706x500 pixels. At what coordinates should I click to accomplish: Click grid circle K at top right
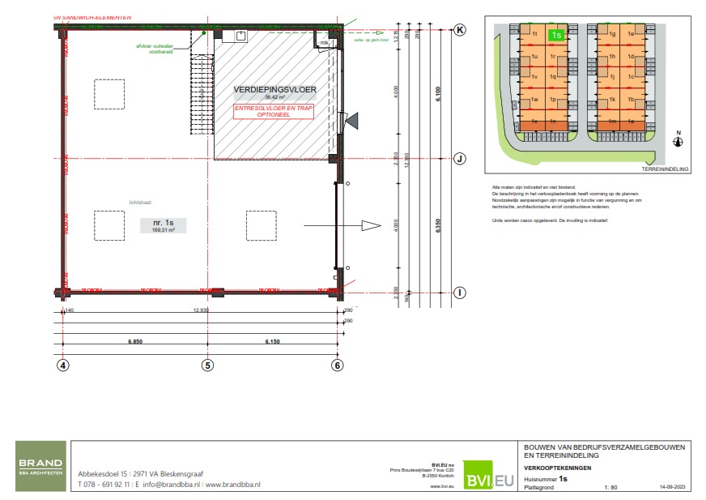pyautogui.click(x=460, y=29)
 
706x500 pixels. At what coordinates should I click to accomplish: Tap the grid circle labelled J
pyautogui.click(x=458, y=159)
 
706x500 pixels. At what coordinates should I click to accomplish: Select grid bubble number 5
pyautogui.click(x=206, y=365)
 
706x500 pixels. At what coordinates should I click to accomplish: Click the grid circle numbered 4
pyautogui.click(x=63, y=365)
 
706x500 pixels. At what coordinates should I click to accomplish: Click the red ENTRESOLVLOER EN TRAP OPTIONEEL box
pyautogui.click(x=273, y=111)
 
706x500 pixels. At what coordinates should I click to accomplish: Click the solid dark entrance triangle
pyautogui.click(x=352, y=120)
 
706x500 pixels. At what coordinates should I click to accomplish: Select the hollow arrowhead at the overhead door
pyautogui.click(x=371, y=225)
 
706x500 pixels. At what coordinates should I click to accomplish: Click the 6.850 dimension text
pyautogui.click(x=134, y=343)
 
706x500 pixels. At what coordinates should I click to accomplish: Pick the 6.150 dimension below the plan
pyautogui.click(x=272, y=343)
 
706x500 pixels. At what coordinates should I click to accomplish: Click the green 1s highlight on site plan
pyautogui.click(x=556, y=35)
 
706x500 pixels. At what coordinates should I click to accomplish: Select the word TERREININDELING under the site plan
pyautogui.click(x=664, y=169)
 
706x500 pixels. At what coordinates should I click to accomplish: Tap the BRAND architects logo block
pyautogui.click(x=40, y=466)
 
